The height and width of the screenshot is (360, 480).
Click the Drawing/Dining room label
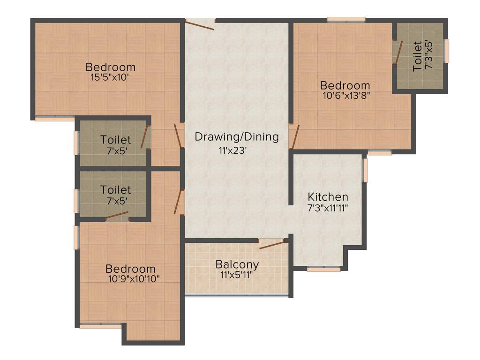coord(237,137)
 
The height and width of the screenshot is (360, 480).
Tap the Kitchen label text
coord(328,197)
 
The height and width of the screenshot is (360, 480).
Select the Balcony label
coord(237,264)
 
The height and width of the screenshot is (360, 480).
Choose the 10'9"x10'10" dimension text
coord(134,278)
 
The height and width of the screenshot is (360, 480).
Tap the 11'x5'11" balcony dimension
coord(237,274)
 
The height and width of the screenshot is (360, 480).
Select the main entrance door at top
coord(200,23)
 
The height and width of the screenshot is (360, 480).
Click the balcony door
coord(272,244)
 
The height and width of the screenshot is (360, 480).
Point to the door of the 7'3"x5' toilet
coord(398,52)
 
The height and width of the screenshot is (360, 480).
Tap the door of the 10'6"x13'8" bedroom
coord(294,136)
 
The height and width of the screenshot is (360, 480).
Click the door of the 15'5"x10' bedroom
coord(178,135)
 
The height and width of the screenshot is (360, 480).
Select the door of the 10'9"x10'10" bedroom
coord(178,202)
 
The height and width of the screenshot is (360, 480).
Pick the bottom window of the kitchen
coord(323,270)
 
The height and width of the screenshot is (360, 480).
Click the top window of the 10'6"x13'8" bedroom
coord(346,20)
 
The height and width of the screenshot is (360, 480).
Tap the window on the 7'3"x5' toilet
coord(447,51)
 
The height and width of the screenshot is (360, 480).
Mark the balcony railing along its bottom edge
coord(237,295)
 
